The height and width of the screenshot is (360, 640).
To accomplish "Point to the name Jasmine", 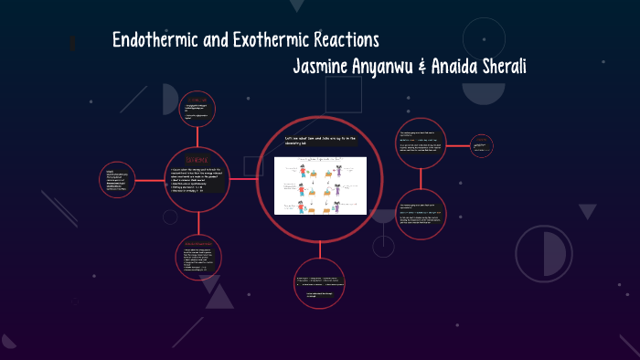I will [325, 68].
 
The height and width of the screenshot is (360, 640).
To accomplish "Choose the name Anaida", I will [470, 68].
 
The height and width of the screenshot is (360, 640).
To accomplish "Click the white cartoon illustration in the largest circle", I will [320, 185].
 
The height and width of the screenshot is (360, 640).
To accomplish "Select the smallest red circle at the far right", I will [482, 145].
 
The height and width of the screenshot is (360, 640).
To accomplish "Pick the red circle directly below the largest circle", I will [320, 282].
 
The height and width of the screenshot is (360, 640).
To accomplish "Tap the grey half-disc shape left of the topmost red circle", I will [170, 99].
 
